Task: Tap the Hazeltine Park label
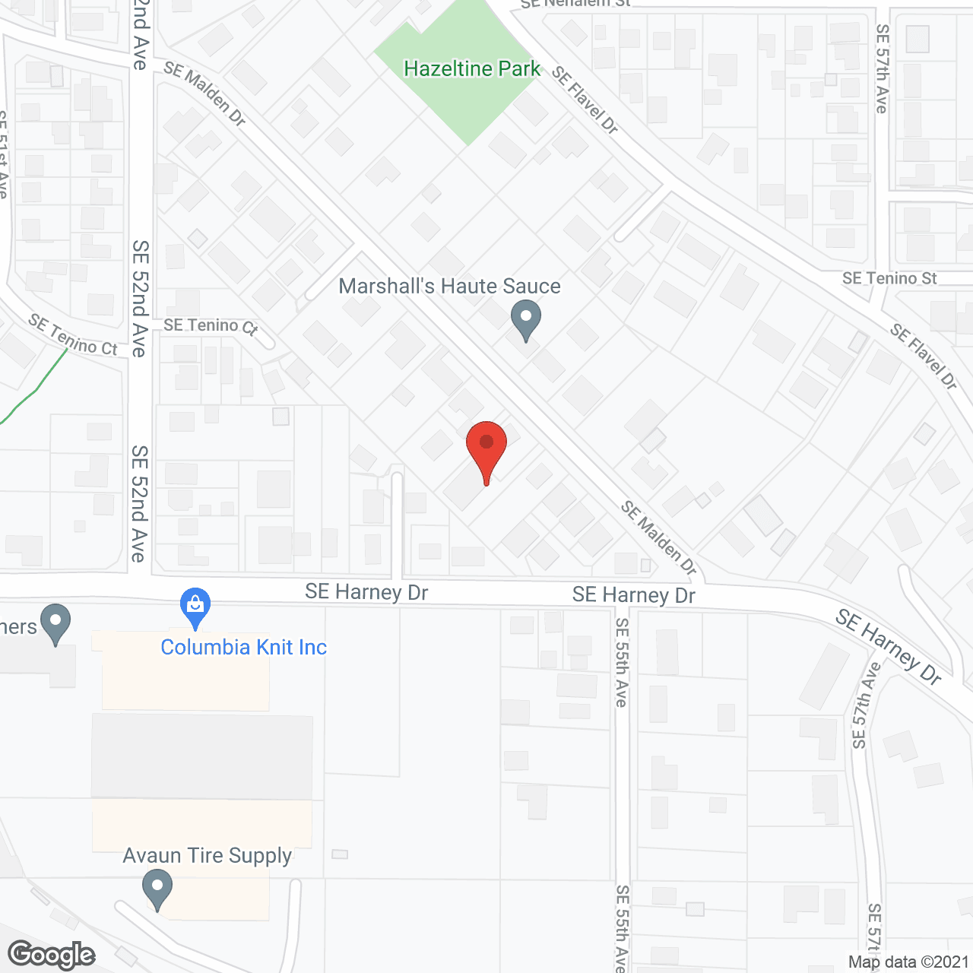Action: coord(471,69)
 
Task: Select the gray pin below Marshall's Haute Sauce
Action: coord(525,319)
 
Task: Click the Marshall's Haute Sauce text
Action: coord(449,287)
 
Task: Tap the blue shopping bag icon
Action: coord(195,607)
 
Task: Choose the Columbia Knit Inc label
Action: coord(243,648)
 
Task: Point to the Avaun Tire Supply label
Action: coord(207,856)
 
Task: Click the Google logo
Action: coord(52,955)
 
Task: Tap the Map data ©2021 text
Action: coord(908,962)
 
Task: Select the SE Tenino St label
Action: coord(889,279)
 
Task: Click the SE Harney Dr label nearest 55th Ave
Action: coord(633,594)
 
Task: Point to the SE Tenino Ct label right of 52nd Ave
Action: coord(211,326)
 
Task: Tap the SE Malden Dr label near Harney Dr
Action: coord(658,537)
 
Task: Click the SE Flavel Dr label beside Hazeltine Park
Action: coord(585,100)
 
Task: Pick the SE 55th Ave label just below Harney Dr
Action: coord(622,662)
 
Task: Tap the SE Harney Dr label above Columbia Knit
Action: coord(366,591)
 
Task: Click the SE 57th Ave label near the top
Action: coord(882,68)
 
